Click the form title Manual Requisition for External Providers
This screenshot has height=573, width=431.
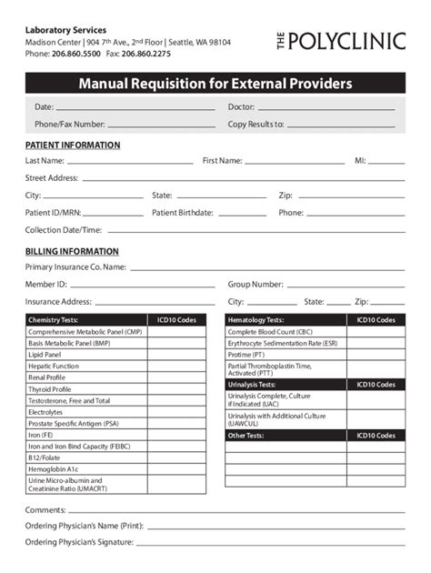click(x=215, y=85)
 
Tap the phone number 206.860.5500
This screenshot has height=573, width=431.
click(x=76, y=54)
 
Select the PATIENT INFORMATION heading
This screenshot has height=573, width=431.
click(x=73, y=146)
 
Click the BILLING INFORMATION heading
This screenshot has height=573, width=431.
click(x=72, y=251)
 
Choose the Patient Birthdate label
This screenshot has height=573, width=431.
click(x=183, y=213)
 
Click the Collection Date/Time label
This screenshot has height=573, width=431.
click(x=64, y=230)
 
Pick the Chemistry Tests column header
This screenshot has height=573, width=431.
click(x=54, y=320)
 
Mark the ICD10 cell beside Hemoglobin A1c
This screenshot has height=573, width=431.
click(x=176, y=469)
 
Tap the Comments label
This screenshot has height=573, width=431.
click(x=45, y=510)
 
